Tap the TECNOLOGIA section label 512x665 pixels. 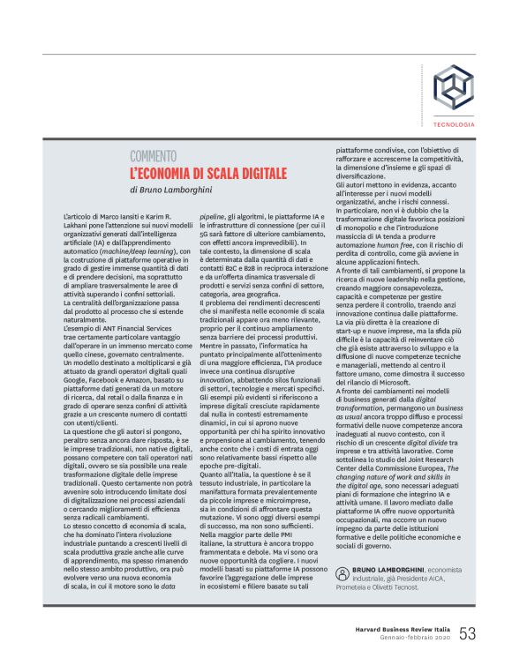(454, 124)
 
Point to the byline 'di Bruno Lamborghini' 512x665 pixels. (170, 190)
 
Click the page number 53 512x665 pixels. (467, 633)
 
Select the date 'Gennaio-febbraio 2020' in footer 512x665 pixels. (415, 639)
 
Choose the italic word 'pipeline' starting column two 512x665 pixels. (213, 216)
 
